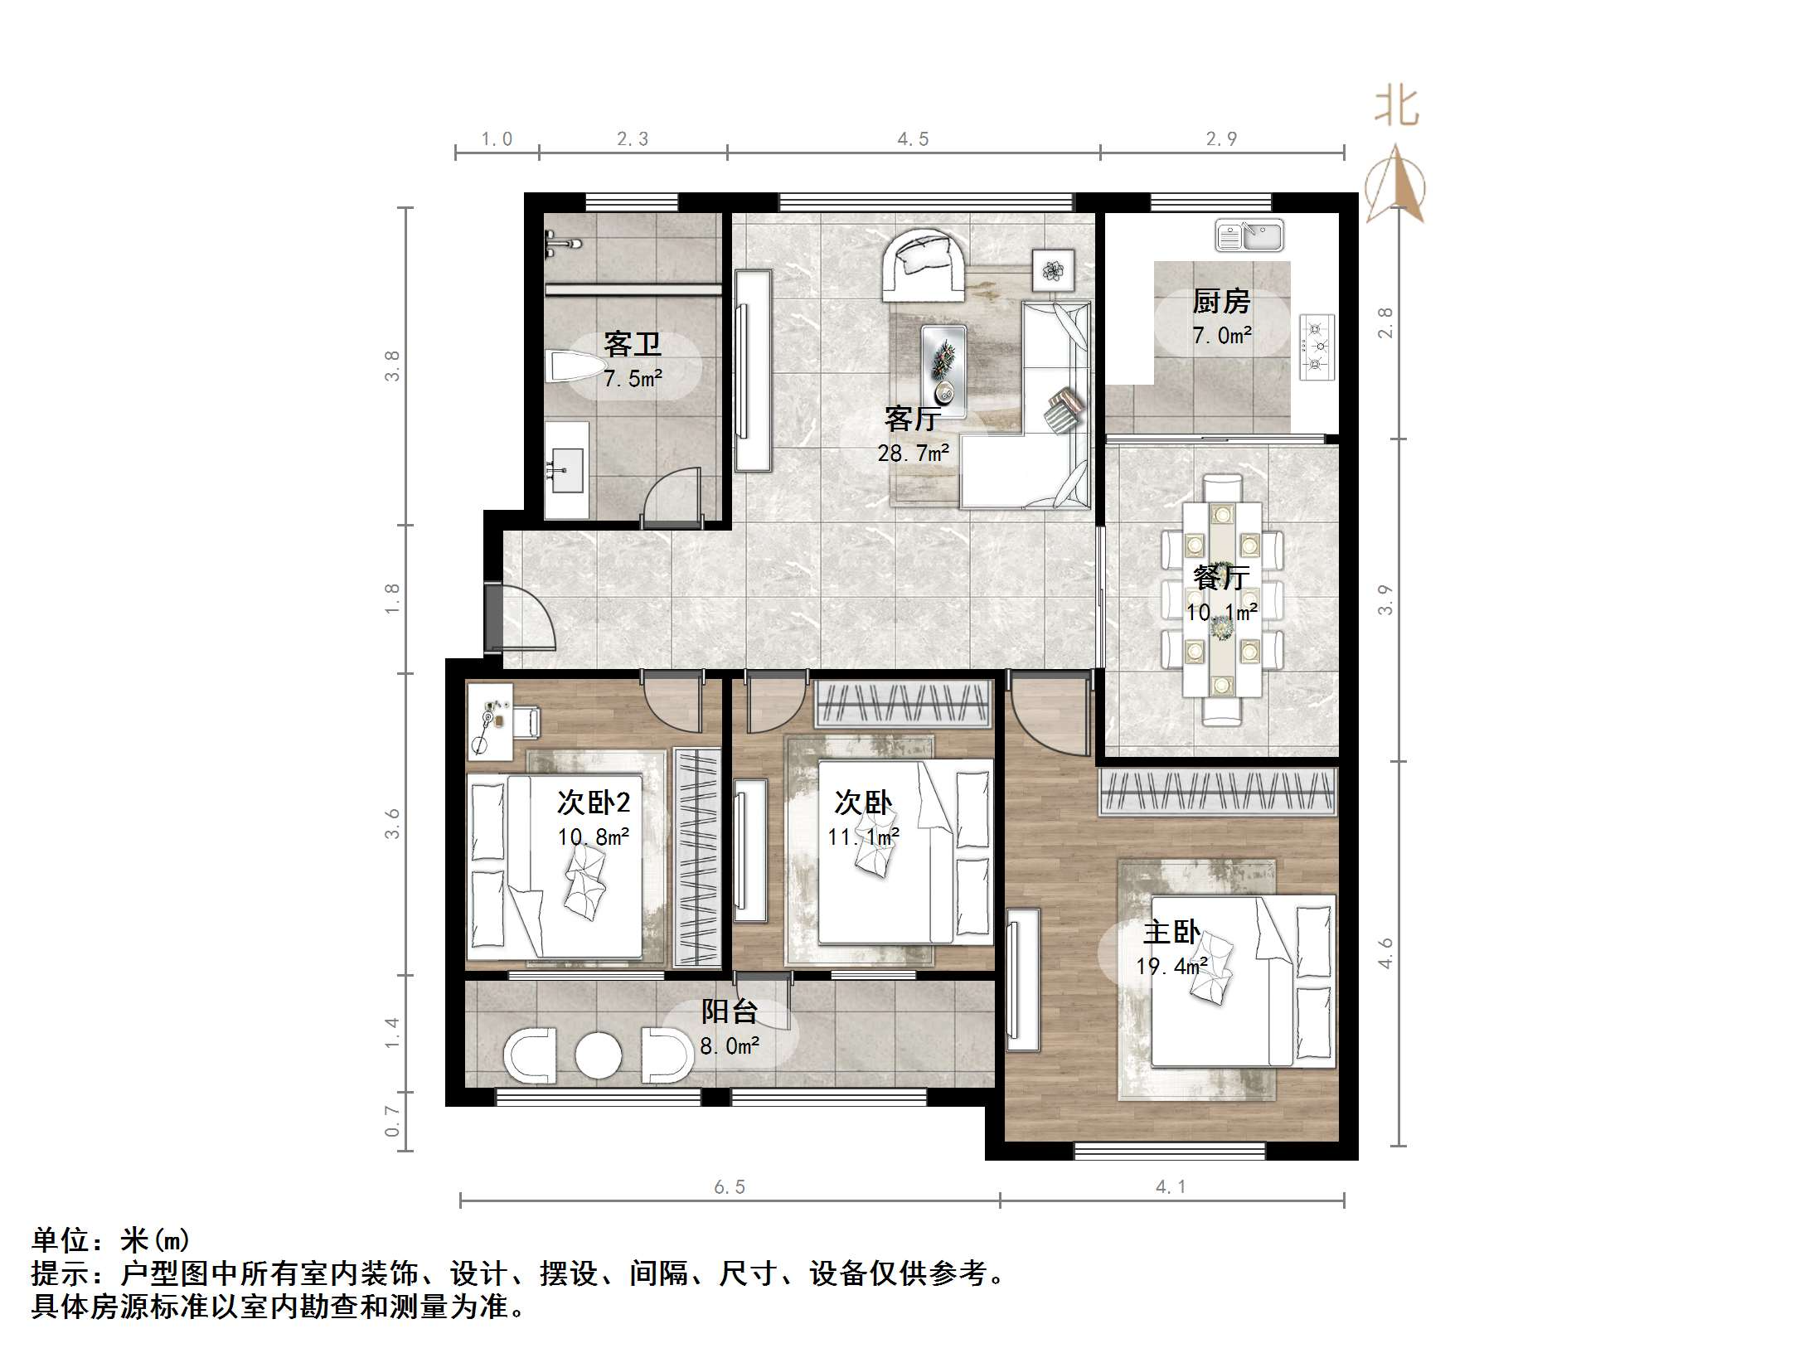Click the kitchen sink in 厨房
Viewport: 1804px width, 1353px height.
pyautogui.click(x=1249, y=235)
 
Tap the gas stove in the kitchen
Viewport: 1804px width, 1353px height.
pyautogui.click(x=1317, y=347)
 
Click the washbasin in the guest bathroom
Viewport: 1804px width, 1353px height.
pyautogui.click(x=566, y=471)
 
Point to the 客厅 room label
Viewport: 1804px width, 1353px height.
pyautogui.click(x=911, y=419)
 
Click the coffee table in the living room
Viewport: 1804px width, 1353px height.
pyautogui.click(x=943, y=371)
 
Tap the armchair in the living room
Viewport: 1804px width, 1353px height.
pyautogui.click(x=924, y=265)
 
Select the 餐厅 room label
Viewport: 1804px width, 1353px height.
pyautogui.click(x=1221, y=577)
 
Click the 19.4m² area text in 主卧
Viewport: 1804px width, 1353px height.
pyautogui.click(x=1171, y=967)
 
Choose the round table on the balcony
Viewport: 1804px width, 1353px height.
pyautogui.click(x=598, y=1055)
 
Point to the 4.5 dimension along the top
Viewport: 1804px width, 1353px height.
pyautogui.click(x=913, y=139)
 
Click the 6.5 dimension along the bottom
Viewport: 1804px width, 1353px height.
pyautogui.click(x=730, y=1187)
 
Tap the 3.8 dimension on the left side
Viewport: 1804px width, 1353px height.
pyautogui.click(x=392, y=366)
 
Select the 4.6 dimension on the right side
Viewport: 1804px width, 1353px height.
pyautogui.click(x=1385, y=953)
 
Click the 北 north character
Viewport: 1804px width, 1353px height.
pyautogui.click(x=1397, y=108)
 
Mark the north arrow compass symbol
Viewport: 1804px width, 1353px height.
pyautogui.click(x=1396, y=187)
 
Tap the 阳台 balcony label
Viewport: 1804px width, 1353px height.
pyautogui.click(x=730, y=1011)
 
